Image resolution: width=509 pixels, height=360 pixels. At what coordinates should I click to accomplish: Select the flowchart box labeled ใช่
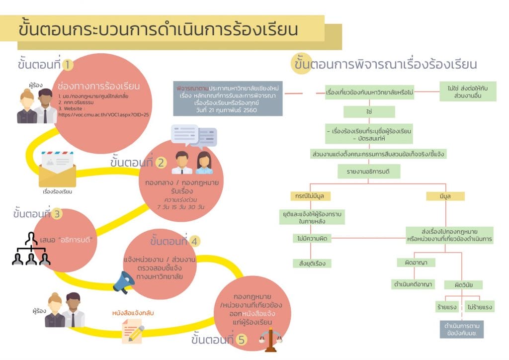tap(369, 112)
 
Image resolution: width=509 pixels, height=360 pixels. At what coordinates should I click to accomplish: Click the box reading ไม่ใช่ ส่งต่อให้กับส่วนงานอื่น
tap(468, 91)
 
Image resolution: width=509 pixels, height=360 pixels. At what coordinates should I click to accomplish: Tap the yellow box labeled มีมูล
tap(445, 196)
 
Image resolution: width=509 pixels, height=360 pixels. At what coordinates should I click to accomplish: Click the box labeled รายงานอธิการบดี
tap(369, 172)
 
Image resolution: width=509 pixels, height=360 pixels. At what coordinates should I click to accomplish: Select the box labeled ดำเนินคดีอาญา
tap(414, 284)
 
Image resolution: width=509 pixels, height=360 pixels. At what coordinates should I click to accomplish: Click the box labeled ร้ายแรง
tap(447, 307)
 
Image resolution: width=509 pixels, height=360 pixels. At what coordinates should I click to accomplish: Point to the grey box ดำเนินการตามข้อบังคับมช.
tap(462, 329)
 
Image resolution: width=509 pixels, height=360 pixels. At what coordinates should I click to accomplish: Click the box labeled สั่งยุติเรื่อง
tap(312, 263)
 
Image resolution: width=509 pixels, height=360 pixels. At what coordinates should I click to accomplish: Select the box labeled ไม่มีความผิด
tap(312, 239)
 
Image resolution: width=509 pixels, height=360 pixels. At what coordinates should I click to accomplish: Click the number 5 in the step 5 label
tap(241, 341)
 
